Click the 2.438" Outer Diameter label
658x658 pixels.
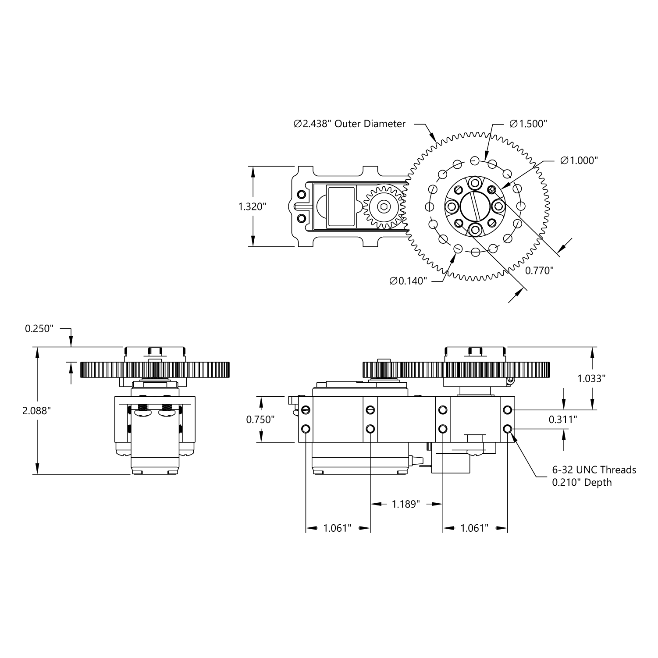pyautogui.click(x=349, y=124)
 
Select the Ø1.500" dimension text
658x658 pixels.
pyautogui.click(x=528, y=124)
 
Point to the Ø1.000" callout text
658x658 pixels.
pyautogui.click(x=579, y=160)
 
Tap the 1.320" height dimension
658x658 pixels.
pyautogui.click(x=252, y=206)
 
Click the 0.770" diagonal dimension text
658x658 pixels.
pyautogui.click(x=539, y=270)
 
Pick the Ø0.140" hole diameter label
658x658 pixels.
pyautogui.click(x=408, y=281)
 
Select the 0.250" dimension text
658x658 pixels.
pyautogui.click(x=39, y=328)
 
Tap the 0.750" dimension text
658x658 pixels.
pyautogui.click(x=260, y=420)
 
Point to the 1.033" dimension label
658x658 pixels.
pyautogui.click(x=591, y=378)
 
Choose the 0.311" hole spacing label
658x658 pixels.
pyautogui.click(x=563, y=420)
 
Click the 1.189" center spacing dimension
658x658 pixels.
pyautogui.click(x=405, y=504)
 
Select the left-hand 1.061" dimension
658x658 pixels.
pyautogui.click(x=338, y=528)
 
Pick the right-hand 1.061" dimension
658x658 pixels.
pyautogui.click(x=474, y=528)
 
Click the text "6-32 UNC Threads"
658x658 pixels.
pyautogui.click(x=594, y=470)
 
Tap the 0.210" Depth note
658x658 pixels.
pyautogui.click(x=581, y=483)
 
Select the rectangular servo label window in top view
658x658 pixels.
pyautogui.click(x=341, y=206)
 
